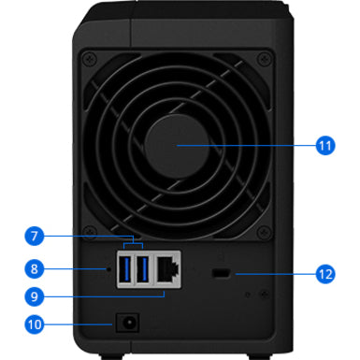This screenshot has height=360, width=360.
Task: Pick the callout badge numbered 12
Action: [324, 274]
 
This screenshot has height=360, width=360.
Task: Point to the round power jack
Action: [128, 324]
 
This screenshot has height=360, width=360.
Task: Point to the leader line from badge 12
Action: [276, 274]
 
